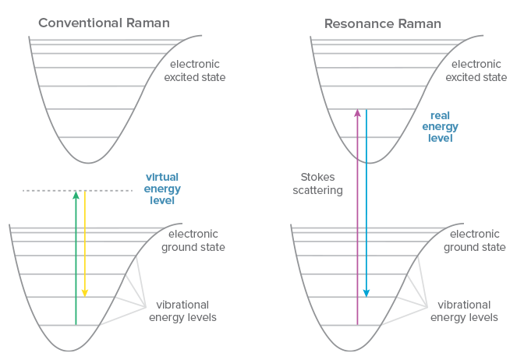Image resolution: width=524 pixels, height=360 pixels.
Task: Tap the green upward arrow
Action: coord(76,257)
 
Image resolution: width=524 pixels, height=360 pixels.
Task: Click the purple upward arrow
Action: coord(357,218)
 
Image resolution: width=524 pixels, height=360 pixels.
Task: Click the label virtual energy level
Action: coord(162,189)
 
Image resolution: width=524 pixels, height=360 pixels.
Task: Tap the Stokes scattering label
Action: coord(321,184)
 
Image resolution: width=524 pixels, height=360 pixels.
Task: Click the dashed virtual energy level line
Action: coord(47,190)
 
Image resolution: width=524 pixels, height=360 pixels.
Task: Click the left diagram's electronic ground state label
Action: coord(193,241)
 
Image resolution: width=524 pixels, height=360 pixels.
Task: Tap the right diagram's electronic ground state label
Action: coord(475,241)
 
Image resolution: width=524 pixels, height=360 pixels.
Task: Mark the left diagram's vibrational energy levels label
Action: coord(186,311)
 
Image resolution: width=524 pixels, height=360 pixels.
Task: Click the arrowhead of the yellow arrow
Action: coord(85,293)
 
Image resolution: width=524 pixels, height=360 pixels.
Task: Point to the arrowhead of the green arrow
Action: coord(76,195)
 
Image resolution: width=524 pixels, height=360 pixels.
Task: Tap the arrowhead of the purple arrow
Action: coord(357,113)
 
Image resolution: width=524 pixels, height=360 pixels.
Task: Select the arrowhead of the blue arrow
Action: coord(366,293)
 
